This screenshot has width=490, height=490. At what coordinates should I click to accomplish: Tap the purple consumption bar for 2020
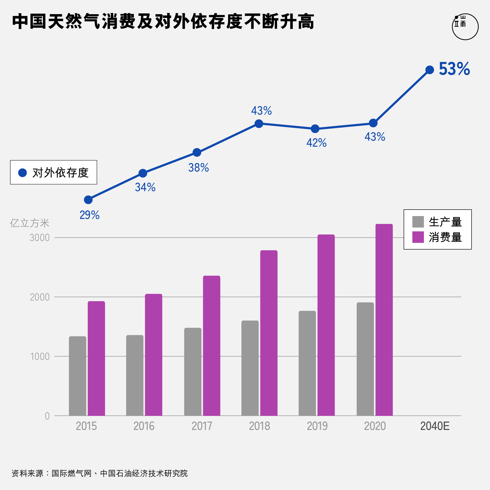(x=384, y=320)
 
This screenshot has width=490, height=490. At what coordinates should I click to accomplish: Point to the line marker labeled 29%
(x=88, y=200)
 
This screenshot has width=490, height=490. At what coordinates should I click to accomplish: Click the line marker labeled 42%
(x=315, y=129)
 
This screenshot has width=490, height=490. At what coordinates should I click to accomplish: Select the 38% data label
(x=199, y=168)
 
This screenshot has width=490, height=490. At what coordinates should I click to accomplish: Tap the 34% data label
(x=145, y=187)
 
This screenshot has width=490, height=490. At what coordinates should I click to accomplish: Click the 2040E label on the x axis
(x=435, y=426)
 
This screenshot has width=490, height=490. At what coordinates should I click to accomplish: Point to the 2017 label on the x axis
(x=202, y=426)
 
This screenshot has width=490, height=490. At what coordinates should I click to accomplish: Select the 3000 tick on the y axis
(x=39, y=238)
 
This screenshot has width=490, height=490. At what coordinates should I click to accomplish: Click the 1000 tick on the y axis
(x=40, y=356)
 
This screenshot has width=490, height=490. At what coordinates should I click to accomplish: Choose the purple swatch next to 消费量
(x=418, y=237)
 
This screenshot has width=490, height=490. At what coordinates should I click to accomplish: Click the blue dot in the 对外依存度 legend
(x=22, y=173)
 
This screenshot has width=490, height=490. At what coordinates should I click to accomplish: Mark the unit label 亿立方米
(x=29, y=223)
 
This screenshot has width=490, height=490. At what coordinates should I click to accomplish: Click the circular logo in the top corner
(x=465, y=27)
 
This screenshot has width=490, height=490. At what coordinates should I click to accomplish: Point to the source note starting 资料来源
(x=100, y=473)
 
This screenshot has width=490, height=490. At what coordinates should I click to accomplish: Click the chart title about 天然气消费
(x=163, y=22)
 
